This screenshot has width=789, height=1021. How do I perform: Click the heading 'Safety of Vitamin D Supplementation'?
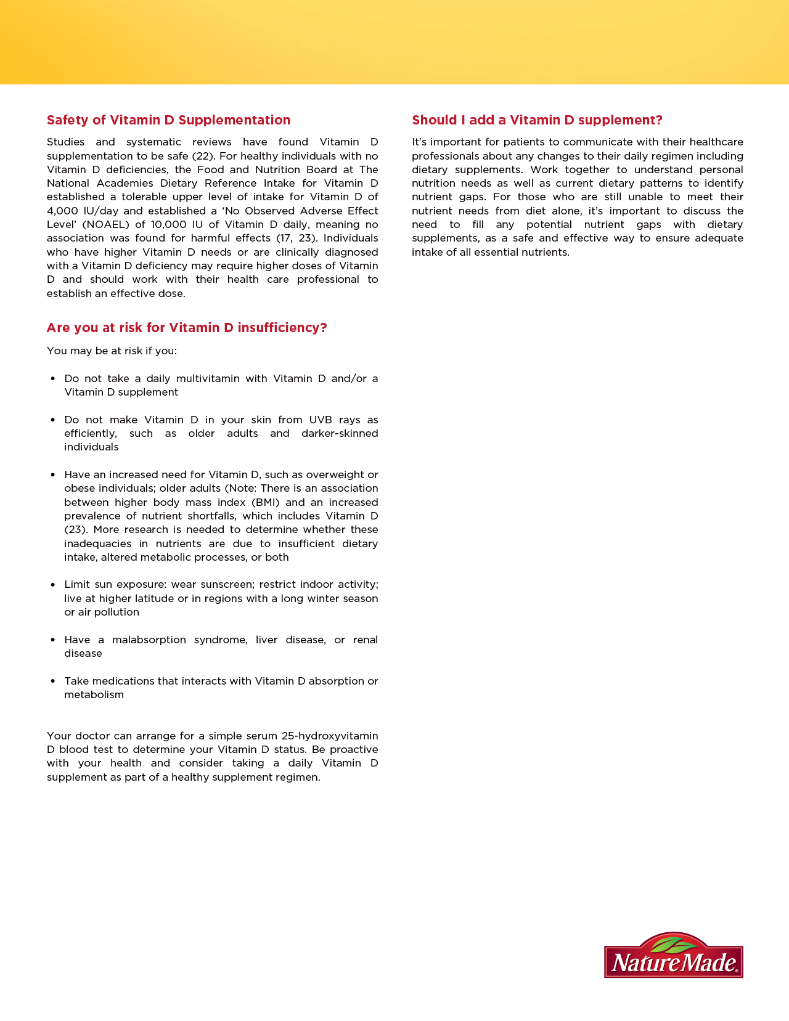tap(168, 120)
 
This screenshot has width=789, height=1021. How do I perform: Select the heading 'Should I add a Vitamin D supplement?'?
tap(537, 120)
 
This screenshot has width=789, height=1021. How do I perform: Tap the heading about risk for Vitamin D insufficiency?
tap(187, 328)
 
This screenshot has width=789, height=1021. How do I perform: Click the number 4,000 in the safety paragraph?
tap(62, 211)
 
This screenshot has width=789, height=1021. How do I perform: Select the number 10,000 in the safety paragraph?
tap(168, 224)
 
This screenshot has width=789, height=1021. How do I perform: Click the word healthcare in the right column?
tap(716, 142)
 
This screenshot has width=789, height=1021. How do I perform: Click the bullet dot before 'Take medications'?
tap(53, 681)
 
